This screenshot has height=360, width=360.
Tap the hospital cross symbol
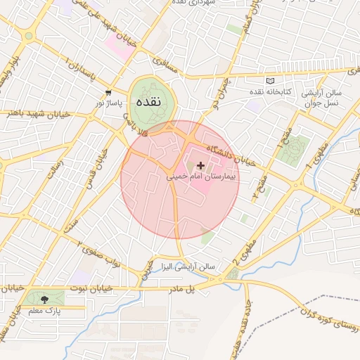[201, 165]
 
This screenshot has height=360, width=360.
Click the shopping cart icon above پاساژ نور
[108, 92]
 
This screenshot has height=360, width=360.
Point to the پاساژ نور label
[109, 103]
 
